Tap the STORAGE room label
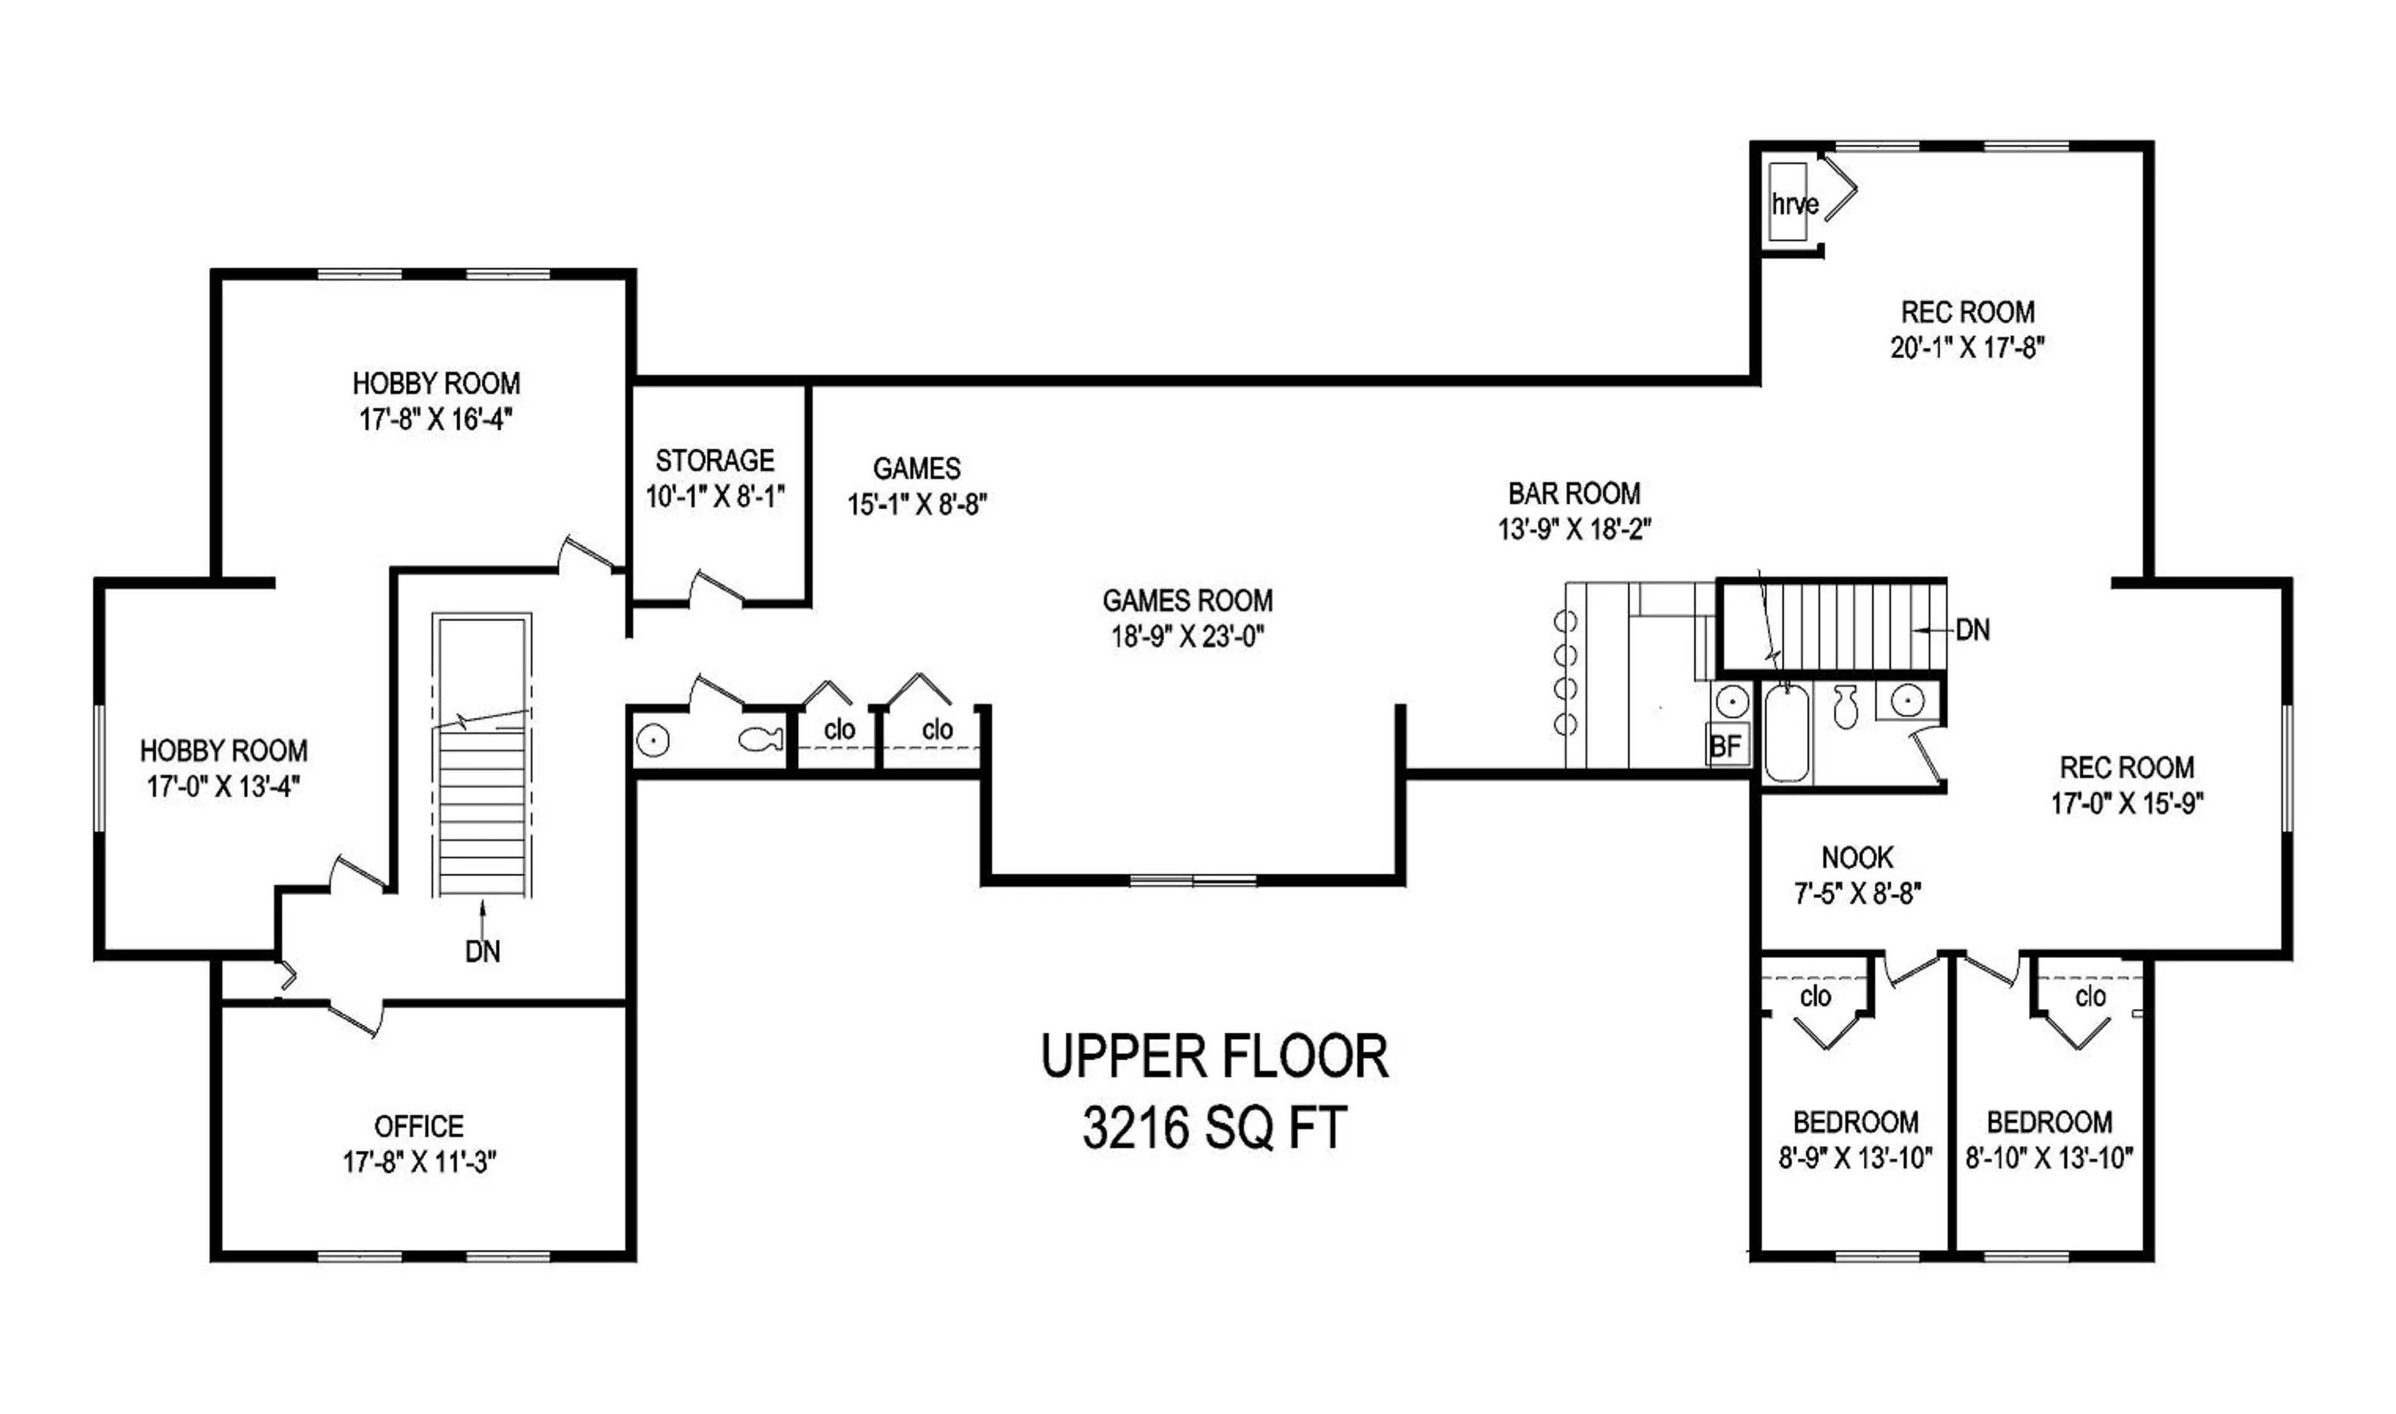(714, 461)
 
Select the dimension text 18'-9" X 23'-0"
(1187, 636)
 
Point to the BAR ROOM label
(1574, 494)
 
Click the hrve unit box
(1788, 203)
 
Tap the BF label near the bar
(1725, 746)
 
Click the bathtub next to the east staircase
(1786, 734)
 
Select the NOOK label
(1858, 857)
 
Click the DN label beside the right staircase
(1972, 630)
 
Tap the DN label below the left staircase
(482, 951)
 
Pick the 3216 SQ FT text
(1215, 1129)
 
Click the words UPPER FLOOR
(1215, 1056)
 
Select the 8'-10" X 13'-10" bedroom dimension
(2049, 1159)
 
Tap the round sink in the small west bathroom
(653, 740)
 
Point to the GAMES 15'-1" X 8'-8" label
(917, 486)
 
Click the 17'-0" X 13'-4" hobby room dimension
(224, 787)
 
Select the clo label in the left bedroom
(1815, 997)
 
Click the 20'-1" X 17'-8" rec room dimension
(1967, 348)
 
